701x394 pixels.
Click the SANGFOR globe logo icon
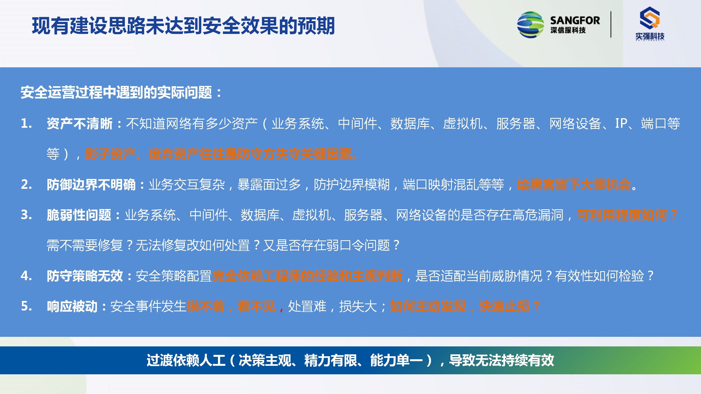(x=530, y=25)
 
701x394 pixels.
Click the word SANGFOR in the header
(x=575, y=21)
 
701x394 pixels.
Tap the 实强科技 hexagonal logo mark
(x=650, y=18)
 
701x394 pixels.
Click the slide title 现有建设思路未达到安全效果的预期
(x=183, y=26)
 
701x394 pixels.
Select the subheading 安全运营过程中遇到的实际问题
(x=116, y=92)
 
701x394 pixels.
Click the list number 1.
(x=27, y=123)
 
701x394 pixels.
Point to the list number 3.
(x=27, y=215)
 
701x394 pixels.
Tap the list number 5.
(x=27, y=306)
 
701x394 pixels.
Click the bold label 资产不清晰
(x=79, y=124)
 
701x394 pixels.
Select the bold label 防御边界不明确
(x=91, y=185)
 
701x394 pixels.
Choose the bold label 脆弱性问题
(x=79, y=215)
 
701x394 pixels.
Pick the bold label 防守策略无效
(x=85, y=276)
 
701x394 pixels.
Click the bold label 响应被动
(x=72, y=306)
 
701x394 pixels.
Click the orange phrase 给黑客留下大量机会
(x=574, y=185)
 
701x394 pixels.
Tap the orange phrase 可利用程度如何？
(x=627, y=215)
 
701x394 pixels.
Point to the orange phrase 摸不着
(x=206, y=306)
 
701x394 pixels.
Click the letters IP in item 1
(x=621, y=123)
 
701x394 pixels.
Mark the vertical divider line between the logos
(x=611, y=24)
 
